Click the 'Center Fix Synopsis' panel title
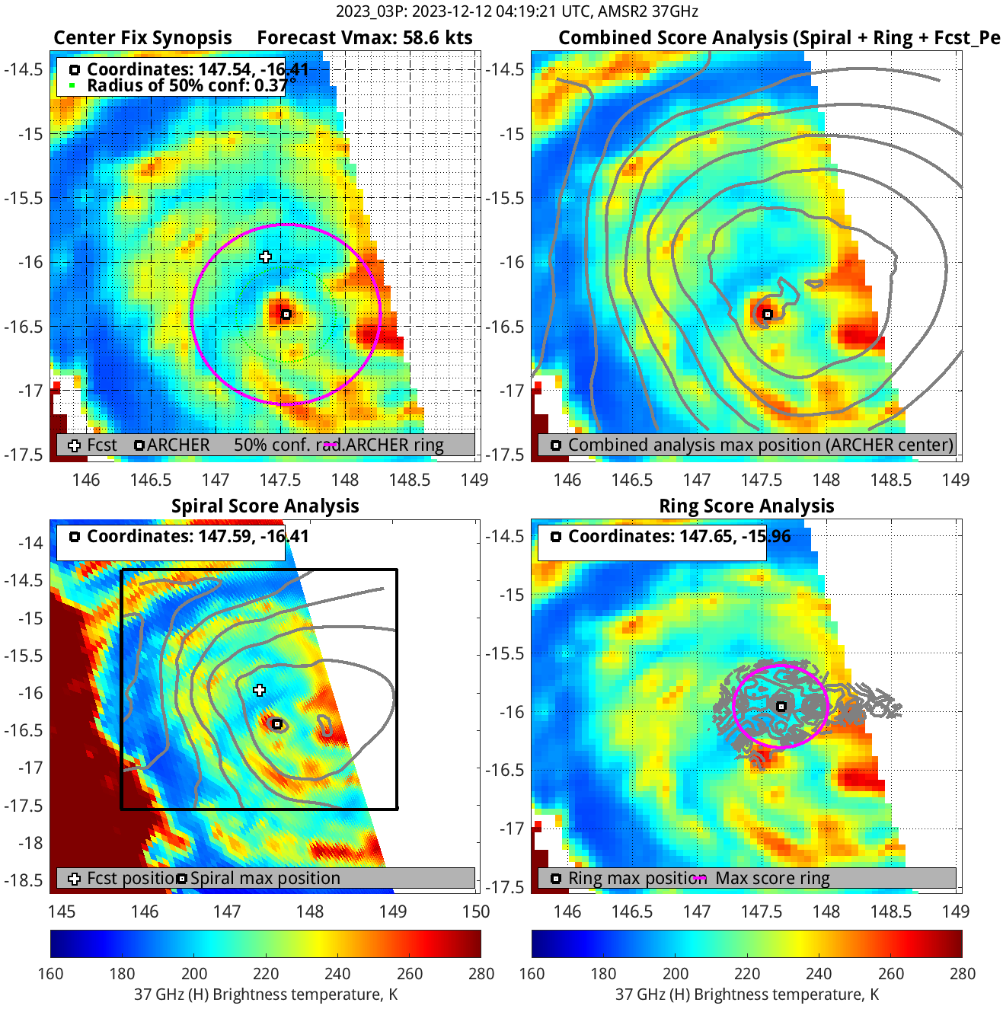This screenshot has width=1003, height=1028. (x=142, y=38)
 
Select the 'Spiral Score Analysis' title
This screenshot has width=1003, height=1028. (x=264, y=506)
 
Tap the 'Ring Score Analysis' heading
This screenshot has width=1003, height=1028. (x=746, y=506)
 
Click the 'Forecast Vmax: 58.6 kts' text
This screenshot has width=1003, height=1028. (x=364, y=38)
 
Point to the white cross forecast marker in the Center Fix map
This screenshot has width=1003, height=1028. (x=265, y=257)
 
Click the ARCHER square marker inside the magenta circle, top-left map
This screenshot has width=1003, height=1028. (x=286, y=314)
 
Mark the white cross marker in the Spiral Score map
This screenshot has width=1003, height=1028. (x=260, y=690)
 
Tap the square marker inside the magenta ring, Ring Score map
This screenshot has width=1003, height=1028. (x=781, y=707)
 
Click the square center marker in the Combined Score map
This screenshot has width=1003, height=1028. (x=768, y=314)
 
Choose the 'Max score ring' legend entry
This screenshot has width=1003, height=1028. (x=771, y=878)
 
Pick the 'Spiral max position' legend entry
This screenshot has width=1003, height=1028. (x=264, y=878)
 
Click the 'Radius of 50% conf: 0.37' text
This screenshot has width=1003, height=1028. (x=187, y=85)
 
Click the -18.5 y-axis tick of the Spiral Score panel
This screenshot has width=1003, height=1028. (x=26, y=880)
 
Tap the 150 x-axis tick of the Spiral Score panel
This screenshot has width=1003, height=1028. (x=476, y=911)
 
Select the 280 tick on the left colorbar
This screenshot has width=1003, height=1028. (x=481, y=973)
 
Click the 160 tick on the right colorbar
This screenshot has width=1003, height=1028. (x=532, y=973)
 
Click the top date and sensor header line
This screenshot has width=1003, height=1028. (x=516, y=11)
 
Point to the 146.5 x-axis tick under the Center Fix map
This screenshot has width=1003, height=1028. (x=151, y=480)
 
